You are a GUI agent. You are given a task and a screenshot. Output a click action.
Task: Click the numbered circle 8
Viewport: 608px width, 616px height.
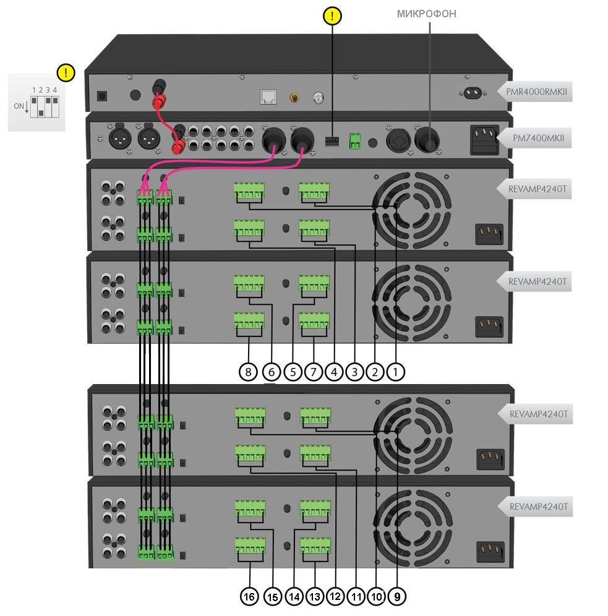click(248, 372)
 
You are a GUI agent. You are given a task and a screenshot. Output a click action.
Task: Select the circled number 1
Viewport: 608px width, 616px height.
click(395, 372)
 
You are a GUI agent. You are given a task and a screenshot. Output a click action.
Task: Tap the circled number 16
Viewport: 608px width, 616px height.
click(249, 597)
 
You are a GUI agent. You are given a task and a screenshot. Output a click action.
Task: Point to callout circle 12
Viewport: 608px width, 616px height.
click(335, 597)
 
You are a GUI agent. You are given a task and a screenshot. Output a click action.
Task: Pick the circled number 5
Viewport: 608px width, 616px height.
click(293, 372)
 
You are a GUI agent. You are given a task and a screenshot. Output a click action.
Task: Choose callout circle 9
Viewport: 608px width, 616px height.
click(396, 597)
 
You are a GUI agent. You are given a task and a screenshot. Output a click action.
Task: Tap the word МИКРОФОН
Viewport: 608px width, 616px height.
click(427, 13)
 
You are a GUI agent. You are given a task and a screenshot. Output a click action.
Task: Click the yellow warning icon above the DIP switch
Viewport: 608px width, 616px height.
click(65, 73)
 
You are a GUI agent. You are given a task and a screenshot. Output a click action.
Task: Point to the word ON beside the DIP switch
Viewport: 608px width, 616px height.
click(20, 106)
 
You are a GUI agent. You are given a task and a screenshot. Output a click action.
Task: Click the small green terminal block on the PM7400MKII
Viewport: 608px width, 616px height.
click(355, 142)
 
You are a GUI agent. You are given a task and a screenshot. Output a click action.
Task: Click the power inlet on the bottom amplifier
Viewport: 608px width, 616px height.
click(489, 550)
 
